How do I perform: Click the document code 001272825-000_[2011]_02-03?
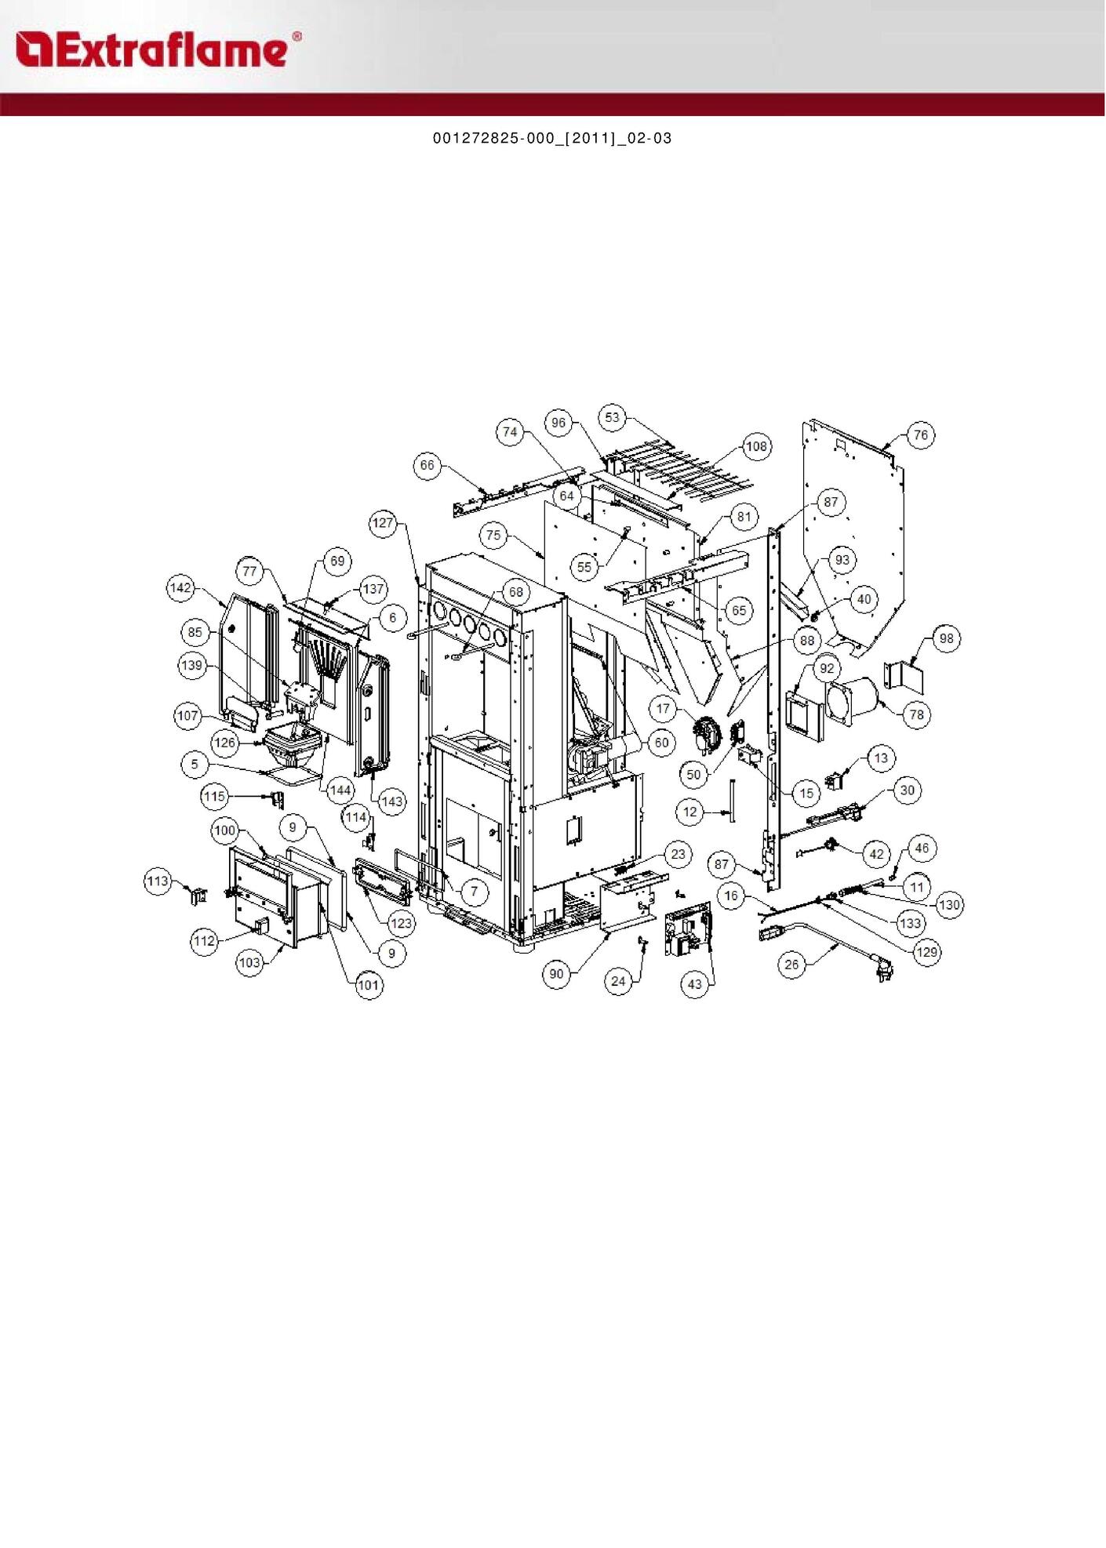[552, 139]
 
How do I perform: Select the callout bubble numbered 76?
[921, 434]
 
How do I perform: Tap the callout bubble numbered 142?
[180, 588]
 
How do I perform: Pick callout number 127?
[383, 523]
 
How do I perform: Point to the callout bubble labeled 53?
[612, 417]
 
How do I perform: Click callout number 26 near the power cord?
[791, 965]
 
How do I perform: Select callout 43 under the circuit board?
[695, 984]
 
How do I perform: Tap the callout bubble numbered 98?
[947, 638]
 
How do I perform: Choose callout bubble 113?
[158, 881]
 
